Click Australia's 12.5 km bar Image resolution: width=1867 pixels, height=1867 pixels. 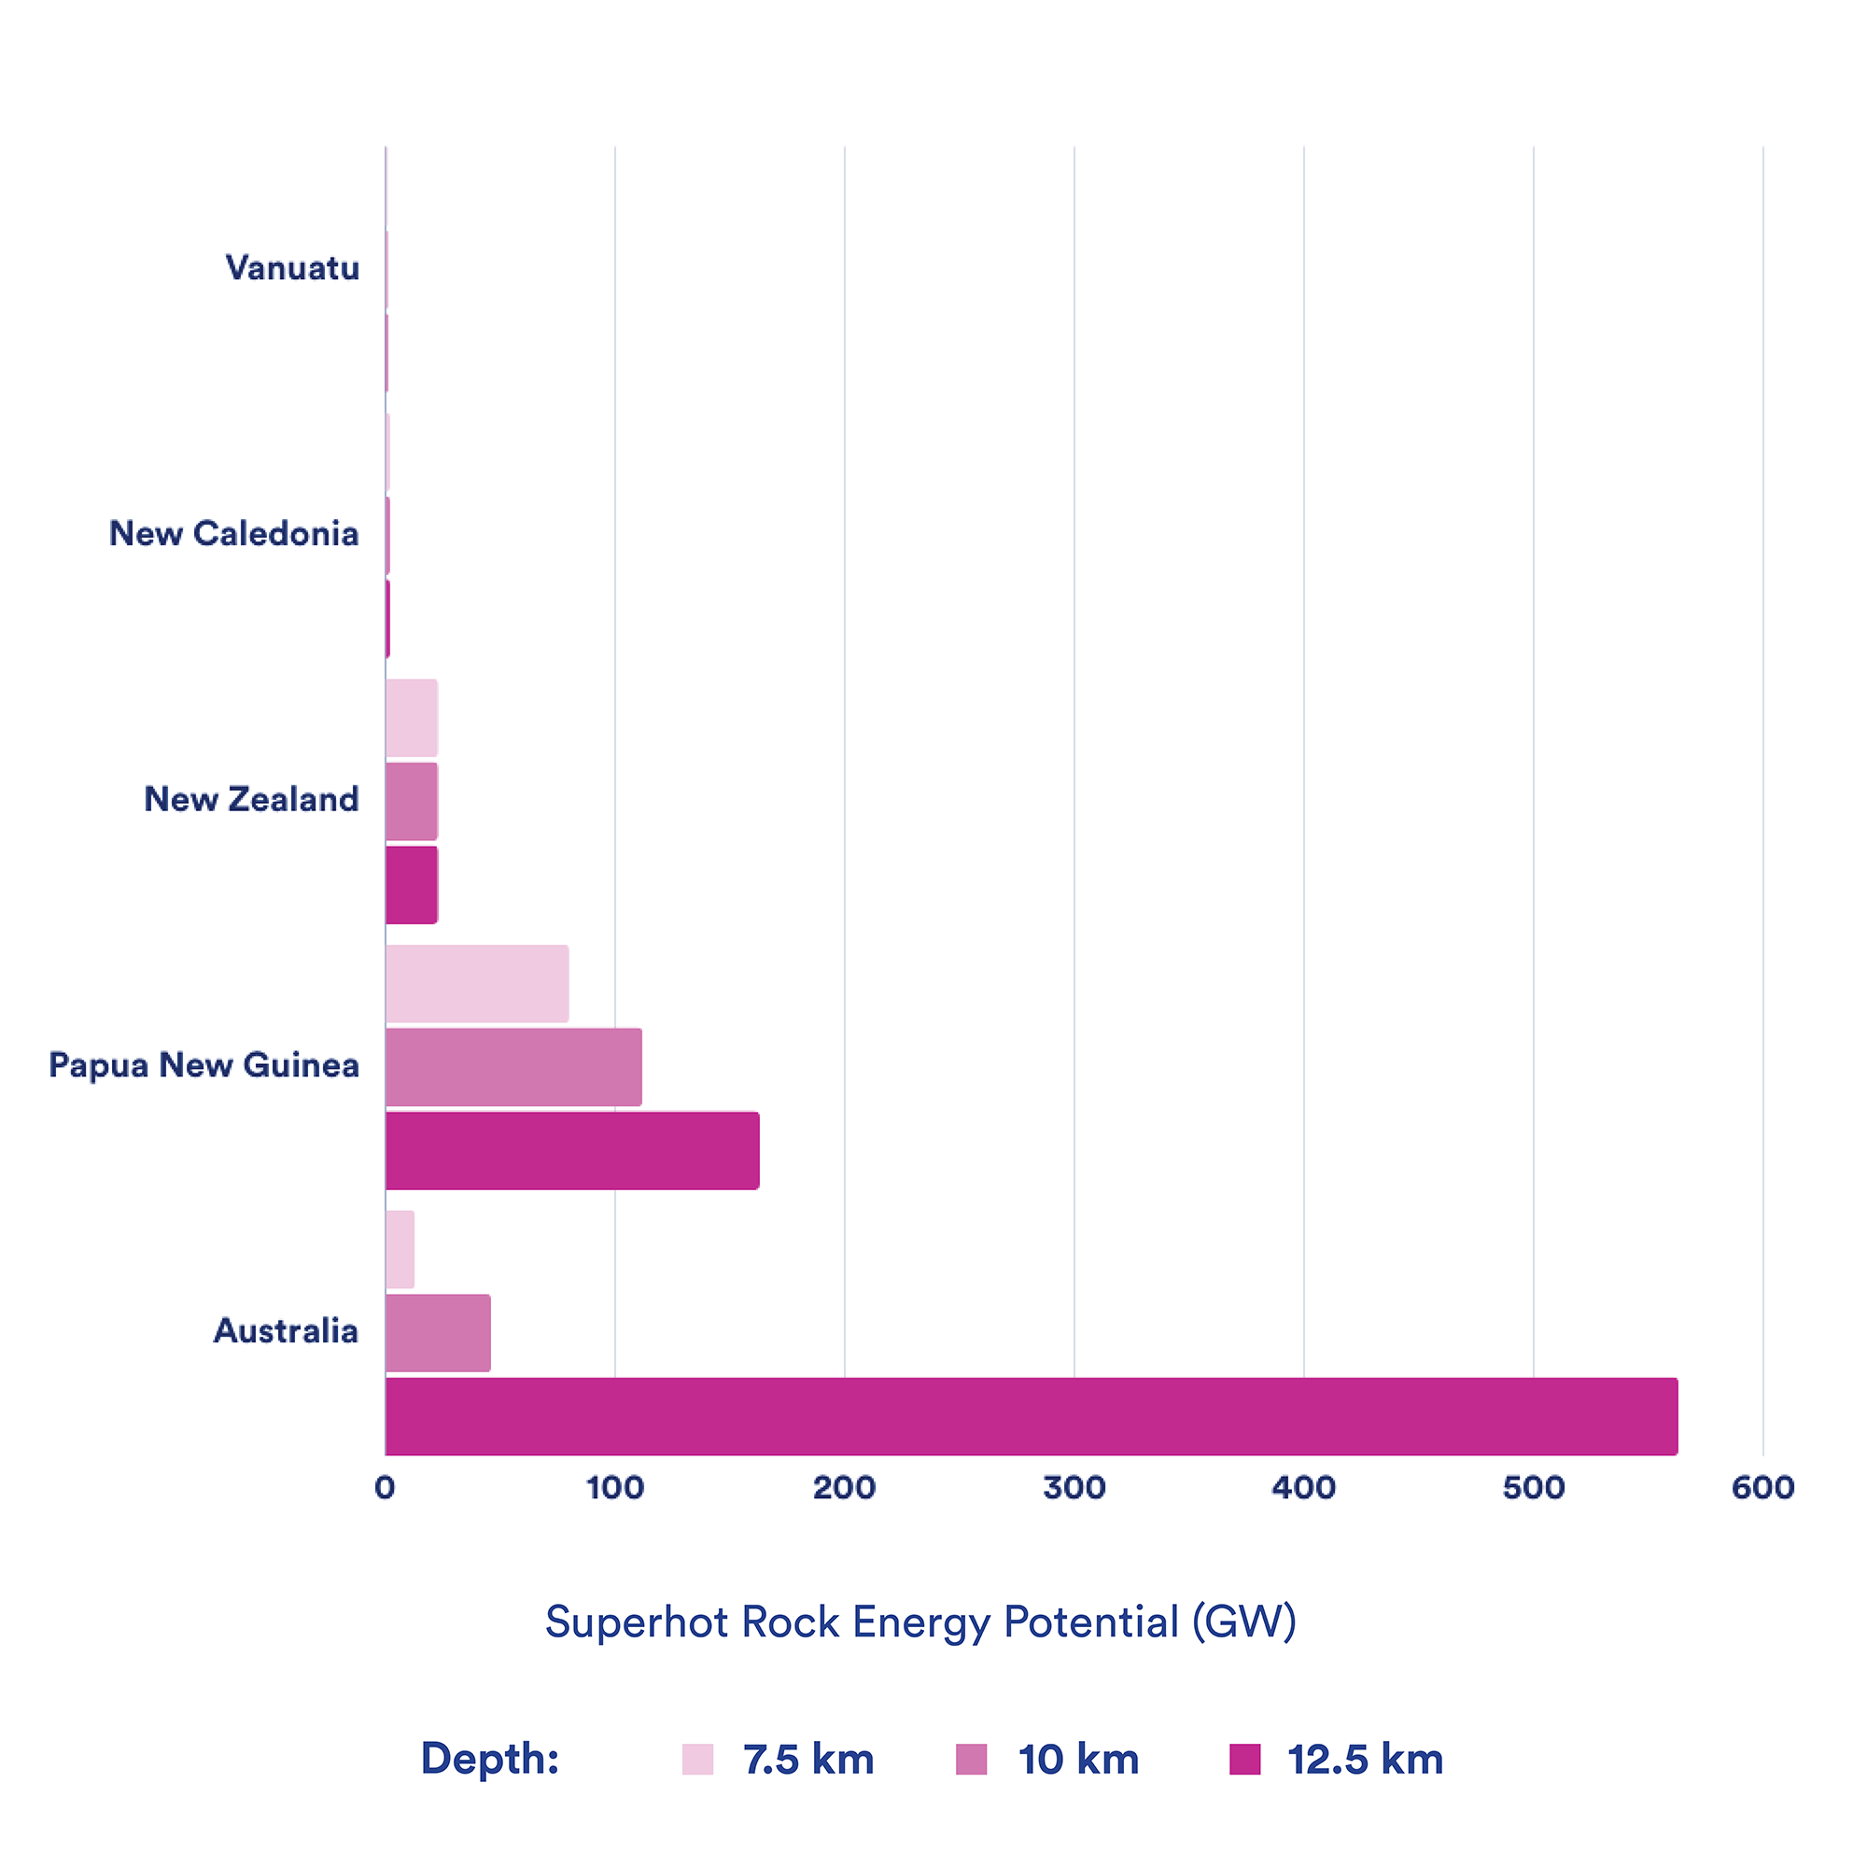point(1031,1416)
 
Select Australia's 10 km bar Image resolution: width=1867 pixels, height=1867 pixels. point(438,1333)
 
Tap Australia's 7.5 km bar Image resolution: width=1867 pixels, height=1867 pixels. point(400,1250)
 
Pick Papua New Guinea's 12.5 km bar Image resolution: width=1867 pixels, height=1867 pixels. point(572,1150)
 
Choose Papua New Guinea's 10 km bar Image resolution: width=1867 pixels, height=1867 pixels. point(513,1067)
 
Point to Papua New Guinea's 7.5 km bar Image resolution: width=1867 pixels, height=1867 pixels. point(477,984)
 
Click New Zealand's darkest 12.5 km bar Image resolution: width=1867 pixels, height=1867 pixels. point(412,885)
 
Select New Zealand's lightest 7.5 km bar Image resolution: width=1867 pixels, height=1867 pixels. point(412,718)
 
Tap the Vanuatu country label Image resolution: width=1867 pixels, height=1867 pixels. point(292,268)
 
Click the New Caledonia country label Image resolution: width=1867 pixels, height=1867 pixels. point(234,533)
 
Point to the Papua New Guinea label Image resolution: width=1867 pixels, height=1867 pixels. point(204,1065)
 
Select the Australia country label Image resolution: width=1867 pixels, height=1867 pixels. point(286,1330)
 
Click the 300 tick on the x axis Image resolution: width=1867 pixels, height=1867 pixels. point(1074,1487)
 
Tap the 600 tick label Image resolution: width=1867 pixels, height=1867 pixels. point(1762,1487)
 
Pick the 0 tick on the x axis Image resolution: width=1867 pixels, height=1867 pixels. point(385,1487)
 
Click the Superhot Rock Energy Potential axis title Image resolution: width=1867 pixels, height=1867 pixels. point(920,1621)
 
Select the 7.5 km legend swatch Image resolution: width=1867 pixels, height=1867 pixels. point(696,1759)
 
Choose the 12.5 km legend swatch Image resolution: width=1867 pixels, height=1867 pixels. point(1244,1759)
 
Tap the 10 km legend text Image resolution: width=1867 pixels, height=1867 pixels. point(1078,1759)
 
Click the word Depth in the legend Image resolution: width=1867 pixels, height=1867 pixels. point(489,1758)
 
